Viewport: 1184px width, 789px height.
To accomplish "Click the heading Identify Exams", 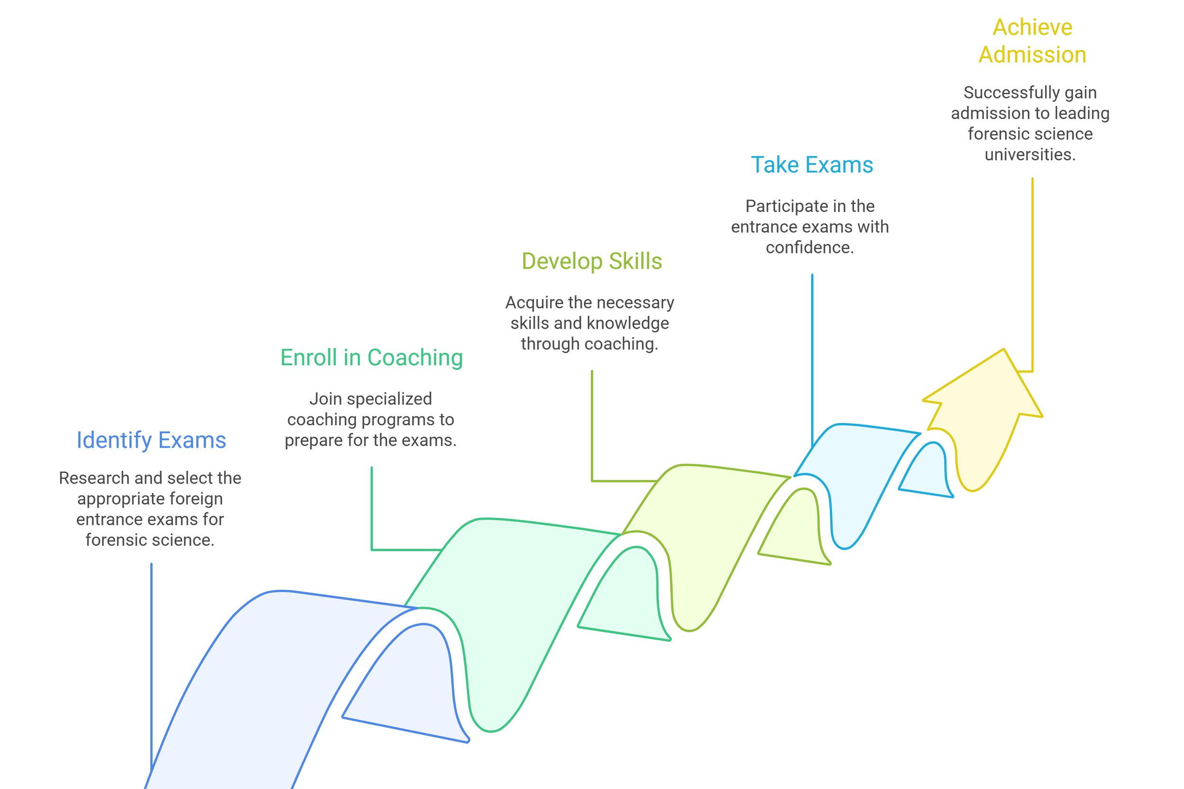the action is [151, 440].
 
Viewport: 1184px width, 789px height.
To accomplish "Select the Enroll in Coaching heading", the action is [371, 358].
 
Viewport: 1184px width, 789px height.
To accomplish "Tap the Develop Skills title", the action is [591, 261].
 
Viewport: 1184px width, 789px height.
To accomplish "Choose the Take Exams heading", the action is [812, 165].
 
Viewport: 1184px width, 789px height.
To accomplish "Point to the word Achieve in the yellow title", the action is [1032, 27].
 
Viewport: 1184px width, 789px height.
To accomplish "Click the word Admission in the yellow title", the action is [1032, 55].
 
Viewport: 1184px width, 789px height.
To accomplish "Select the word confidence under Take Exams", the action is [810, 248].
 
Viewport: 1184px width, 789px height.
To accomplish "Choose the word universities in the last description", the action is [1030, 154].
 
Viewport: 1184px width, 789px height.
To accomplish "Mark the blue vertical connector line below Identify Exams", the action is [152, 654].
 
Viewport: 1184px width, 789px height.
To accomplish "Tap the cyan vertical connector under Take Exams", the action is [812, 352].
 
